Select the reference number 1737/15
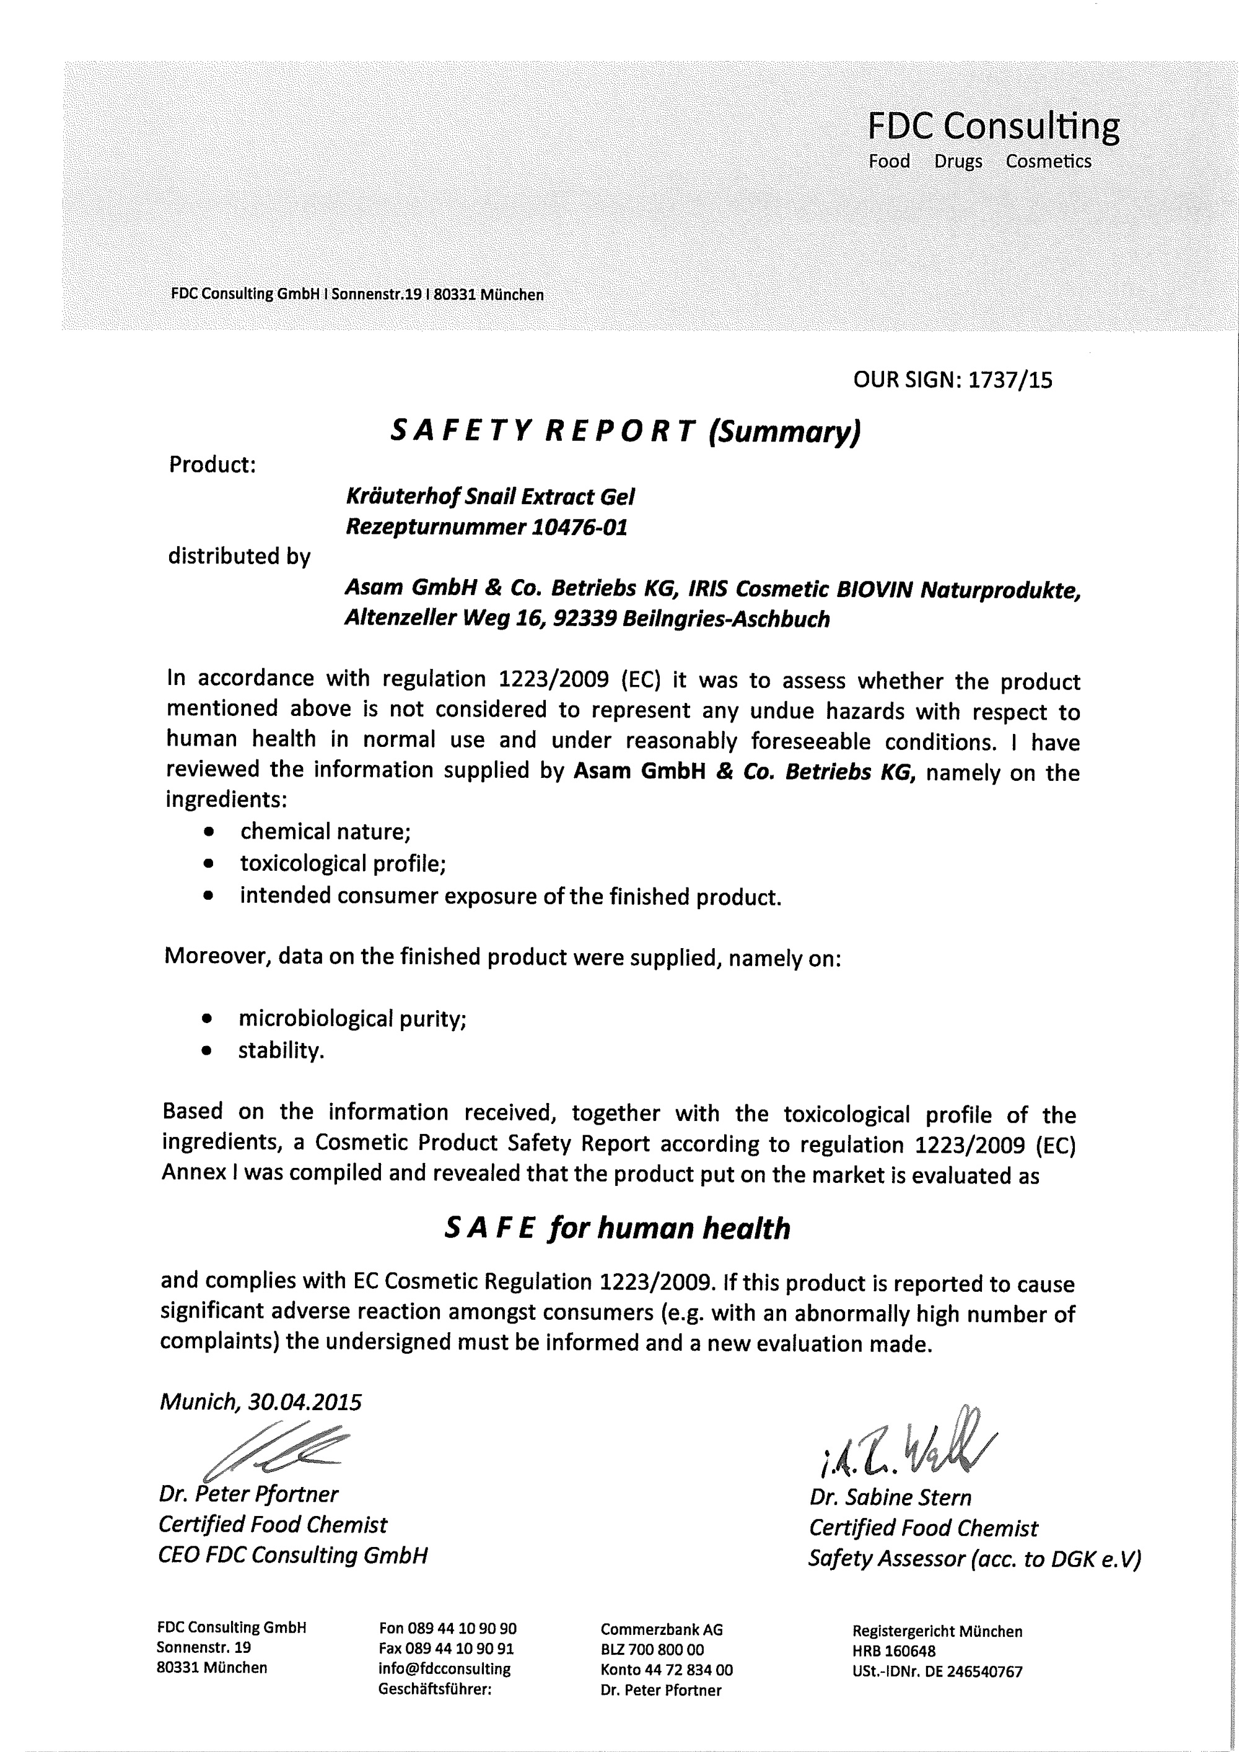coord(1009,380)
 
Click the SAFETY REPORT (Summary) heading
coord(625,432)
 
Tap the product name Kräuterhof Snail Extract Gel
coord(490,497)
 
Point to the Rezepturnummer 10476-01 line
coord(486,527)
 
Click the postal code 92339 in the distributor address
coord(584,618)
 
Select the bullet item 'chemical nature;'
coord(325,831)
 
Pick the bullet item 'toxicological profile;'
coord(343,863)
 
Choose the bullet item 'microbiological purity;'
coord(352,1019)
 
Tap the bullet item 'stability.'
coord(281,1051)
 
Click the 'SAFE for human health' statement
coord(617,1229)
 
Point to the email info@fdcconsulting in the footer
coord(444,1668)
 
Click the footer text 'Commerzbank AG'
coord(661,1630)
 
